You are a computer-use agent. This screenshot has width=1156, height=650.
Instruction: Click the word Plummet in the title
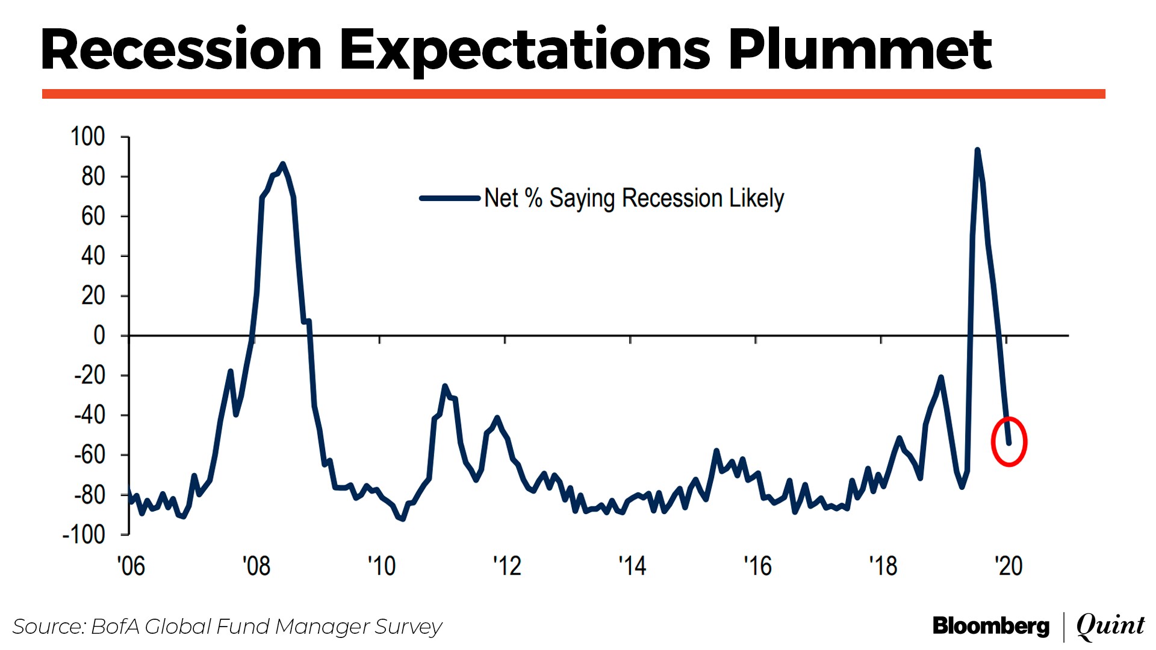coord(859,51)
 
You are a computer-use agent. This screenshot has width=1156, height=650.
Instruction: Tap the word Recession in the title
coord(181,51)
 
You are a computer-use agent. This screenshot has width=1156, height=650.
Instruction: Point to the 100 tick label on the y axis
coord(88,137)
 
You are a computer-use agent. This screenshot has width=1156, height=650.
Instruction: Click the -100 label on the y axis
coord(84,534)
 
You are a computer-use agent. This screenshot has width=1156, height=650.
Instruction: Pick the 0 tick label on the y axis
coord(99,335)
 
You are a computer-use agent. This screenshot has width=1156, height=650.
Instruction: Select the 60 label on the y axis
coord(93,216)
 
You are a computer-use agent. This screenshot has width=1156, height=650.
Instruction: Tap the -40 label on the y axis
coord(90,415)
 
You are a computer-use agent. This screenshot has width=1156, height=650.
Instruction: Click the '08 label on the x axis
coord(256,566)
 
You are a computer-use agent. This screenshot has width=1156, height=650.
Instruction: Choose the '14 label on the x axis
coord(632,566)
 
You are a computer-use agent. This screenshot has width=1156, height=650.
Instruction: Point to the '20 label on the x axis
coord(1008,566)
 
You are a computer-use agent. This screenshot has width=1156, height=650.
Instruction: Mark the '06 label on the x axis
coord(131,566)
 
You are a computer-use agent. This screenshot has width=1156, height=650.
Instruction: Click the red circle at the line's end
coord(1008,442)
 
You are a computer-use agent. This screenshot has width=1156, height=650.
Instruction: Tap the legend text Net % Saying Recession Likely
coord(634,198)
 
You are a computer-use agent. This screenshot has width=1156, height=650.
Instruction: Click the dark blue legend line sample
coord(449,198)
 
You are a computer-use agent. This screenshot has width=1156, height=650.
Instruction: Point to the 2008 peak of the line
coord(283,164)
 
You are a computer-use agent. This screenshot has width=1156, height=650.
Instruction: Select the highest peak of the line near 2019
coord(977,150)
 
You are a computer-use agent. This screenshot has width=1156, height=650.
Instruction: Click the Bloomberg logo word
coord(990,627)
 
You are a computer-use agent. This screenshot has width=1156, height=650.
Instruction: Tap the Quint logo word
coord(1110,627)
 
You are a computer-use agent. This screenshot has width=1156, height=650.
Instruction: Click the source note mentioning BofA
coord(228,627)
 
